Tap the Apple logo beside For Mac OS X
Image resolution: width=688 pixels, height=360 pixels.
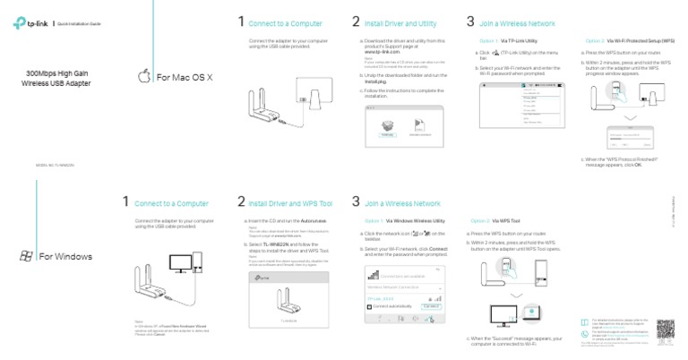[143, 78]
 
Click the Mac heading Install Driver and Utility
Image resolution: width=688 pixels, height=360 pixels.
[400, 21]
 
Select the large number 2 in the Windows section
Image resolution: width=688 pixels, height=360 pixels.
[242, 202]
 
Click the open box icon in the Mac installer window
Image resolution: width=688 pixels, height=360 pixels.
[387, 126]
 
